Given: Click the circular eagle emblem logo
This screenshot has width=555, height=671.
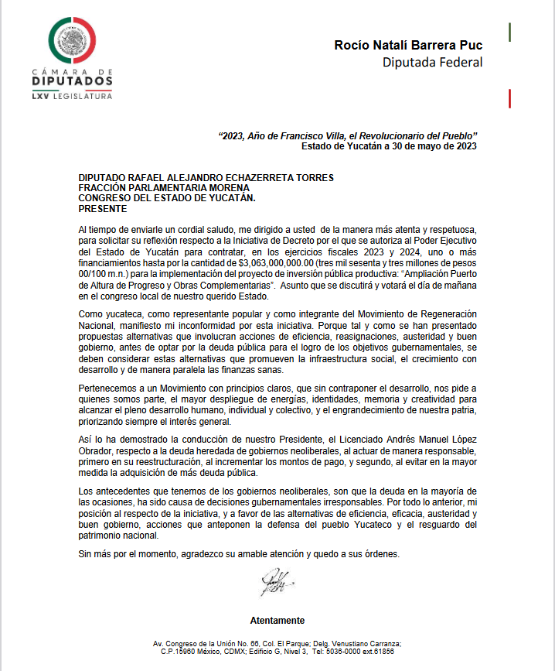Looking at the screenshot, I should click(73, 40).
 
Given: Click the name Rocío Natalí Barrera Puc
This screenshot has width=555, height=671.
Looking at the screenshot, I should click(408, 45).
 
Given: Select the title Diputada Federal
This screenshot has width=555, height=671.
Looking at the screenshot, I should click(432, 62).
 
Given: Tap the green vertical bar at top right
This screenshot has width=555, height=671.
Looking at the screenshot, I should click(509, 32).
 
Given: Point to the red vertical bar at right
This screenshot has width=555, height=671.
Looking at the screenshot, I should click(509, 98).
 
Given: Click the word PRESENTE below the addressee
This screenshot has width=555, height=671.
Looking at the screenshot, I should click(103, 209).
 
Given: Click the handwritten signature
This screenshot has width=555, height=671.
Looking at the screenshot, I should click(276, 581).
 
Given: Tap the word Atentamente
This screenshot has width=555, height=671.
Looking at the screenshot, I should click(277, 621).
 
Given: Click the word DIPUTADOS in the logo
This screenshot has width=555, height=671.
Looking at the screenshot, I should click(73, 81).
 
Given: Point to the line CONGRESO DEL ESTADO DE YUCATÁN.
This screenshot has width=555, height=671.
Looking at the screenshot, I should click(167, 198).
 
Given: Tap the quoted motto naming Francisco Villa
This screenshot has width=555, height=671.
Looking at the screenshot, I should click(348, 135).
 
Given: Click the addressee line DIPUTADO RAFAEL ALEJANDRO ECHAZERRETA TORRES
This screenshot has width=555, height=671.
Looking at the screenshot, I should click(206, 177).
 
